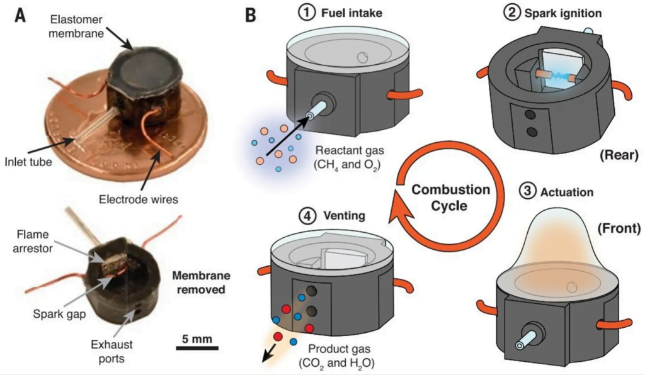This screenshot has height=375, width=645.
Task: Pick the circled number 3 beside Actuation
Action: tap(527, 191)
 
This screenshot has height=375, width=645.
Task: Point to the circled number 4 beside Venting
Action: tap(307, 216)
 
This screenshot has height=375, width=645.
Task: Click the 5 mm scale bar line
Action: tap(197, 349)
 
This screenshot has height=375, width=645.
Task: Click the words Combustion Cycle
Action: tap(451, 198)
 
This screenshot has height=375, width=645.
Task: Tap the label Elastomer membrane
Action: tap(76, 26)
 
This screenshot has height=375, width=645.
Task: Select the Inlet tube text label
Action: tap(28, 162)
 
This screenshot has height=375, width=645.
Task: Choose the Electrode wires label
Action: tap(139, 199)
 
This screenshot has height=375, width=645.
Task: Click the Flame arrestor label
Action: tap(33, 241)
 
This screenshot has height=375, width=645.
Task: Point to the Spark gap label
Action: tap(59, 314)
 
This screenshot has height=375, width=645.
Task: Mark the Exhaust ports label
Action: tap(111, 351)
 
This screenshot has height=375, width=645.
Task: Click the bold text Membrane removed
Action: tap(201, 283)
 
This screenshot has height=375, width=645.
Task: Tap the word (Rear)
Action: tap(619, 155)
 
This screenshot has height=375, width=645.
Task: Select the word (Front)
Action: tap(619, 228)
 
